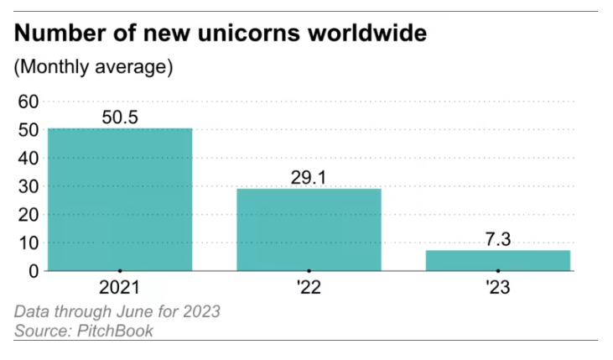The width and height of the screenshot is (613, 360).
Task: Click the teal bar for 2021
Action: click(x=120, y=200)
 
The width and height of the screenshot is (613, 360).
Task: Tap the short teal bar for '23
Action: click(x=497, y=260)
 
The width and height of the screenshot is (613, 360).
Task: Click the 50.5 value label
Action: click(x=120, y=117)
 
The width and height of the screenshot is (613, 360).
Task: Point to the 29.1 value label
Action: click(x=309, y=177)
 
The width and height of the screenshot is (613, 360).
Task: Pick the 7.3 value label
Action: click(x=497, y=239)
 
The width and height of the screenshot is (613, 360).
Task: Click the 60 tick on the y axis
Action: click(x=29, y=102)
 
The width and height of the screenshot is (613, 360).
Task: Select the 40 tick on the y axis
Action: click(x=29, y=158)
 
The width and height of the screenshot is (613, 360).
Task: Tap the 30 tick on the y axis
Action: click(x=29, y=186)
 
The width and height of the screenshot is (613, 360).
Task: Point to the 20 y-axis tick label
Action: click(x=29, y=215)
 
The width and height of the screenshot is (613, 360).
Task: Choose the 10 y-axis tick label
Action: click(x=29, y=243)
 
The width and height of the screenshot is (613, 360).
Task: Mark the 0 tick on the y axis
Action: click(x=34, y=271)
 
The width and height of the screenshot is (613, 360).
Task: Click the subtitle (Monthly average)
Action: click(x=93, y=67)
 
